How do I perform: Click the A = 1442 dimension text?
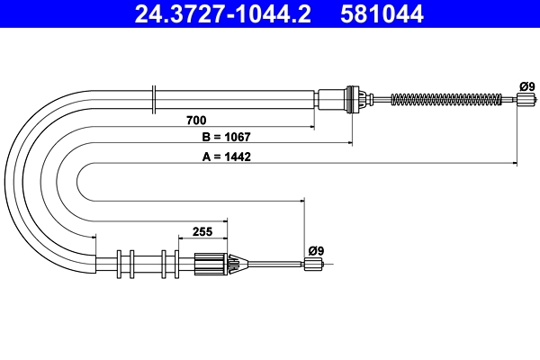click(226, 157)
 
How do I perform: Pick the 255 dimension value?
click(202, 231)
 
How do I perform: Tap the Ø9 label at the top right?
click(527, 86)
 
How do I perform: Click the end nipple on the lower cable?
click(312, 264)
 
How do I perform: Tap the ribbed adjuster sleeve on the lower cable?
click(211, 264)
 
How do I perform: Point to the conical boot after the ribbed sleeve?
click(236, 264)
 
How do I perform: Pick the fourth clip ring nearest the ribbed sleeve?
click(178, 264)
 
